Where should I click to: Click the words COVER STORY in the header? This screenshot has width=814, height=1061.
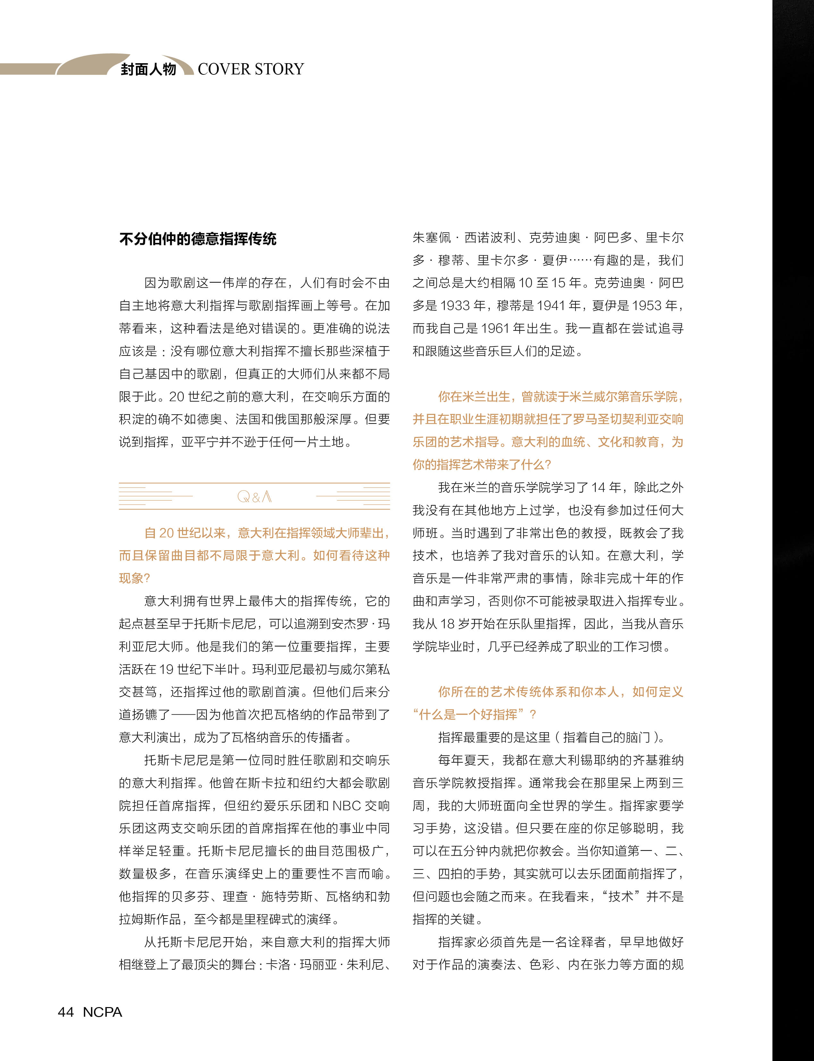pyautogui.click(x=250, y=69)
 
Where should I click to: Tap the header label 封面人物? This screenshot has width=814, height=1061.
pyautogui.click(x=148, y=69)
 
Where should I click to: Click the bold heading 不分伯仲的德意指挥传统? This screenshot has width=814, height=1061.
pyautogui.click(x=198, y=239)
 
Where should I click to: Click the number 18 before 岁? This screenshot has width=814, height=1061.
pyautogui.click(x=447, y=624)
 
